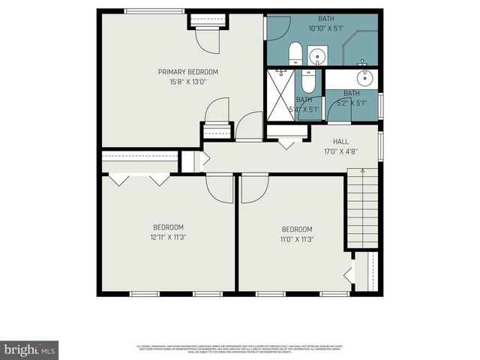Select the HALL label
pos(340,140)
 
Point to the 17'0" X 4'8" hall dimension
pos(340,151)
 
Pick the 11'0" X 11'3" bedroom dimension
pos(297,239)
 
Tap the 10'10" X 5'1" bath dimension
pos(325,28)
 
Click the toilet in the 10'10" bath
pos(295,55)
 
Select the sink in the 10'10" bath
pos(316,55)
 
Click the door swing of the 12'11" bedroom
pos(220,190)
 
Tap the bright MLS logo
pos(30,350)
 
